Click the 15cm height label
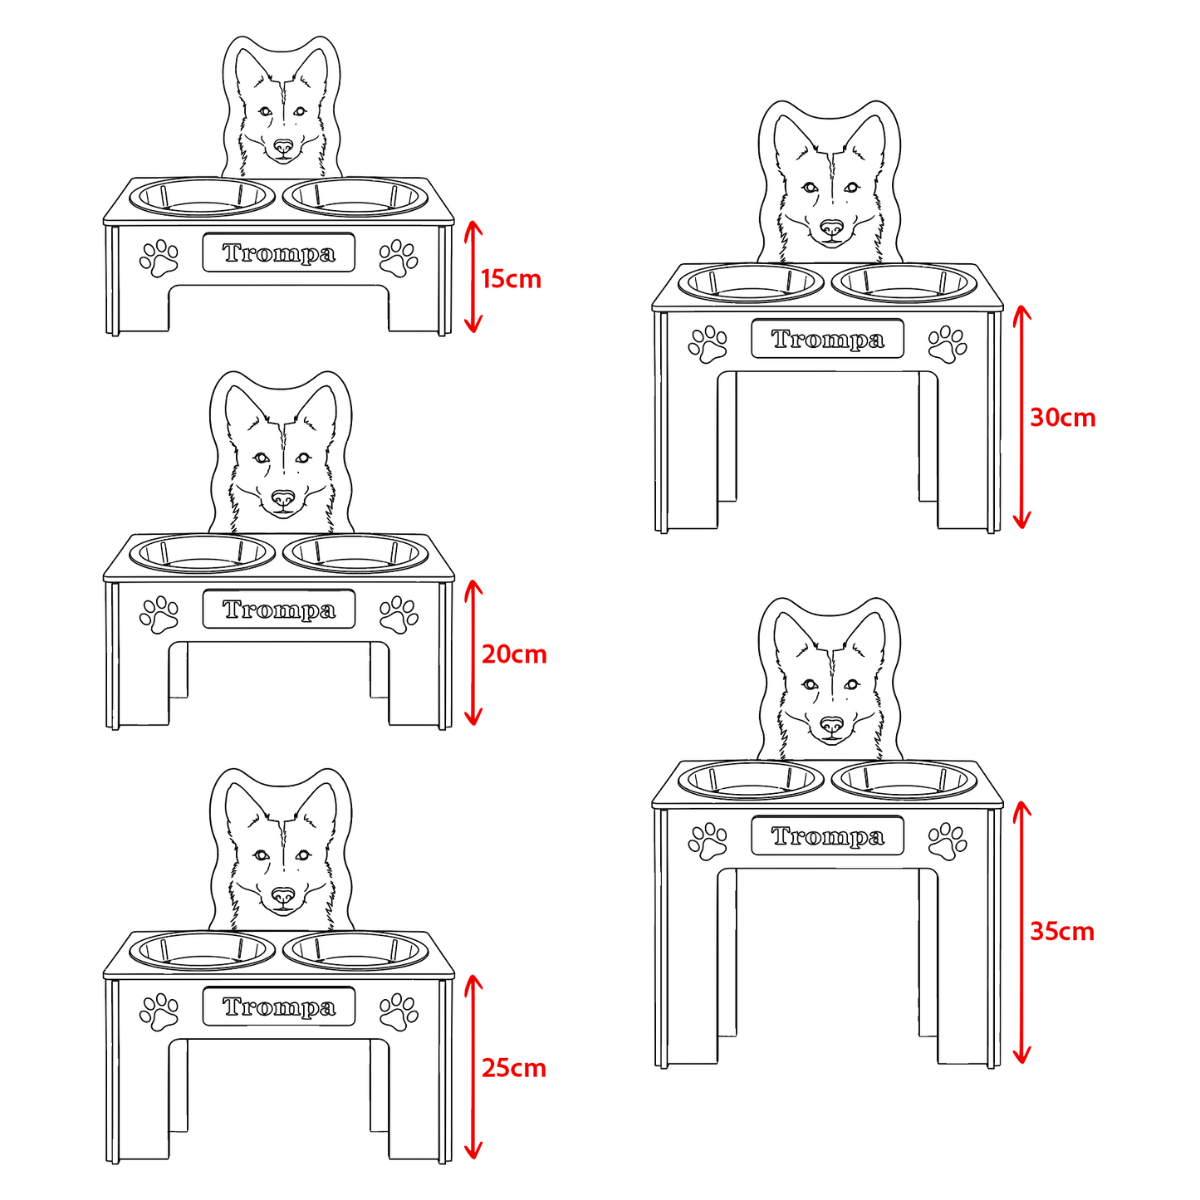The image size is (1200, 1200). coord(511,279)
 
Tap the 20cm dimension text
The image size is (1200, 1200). coord(514,654)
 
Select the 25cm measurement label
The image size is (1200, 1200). coord(514,1069)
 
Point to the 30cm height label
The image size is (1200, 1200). coord(1062,417)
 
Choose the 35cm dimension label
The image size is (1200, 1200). coord(1062,932)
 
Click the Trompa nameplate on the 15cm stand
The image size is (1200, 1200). coord(278,252)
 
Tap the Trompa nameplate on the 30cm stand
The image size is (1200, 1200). coord(827,339)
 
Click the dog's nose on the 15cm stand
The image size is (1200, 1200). coord(283,147)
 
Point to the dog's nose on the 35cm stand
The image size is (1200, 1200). coord(831,725)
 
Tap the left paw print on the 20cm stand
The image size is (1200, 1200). coord(159,615)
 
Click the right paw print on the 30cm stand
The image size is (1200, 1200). coord(948,345)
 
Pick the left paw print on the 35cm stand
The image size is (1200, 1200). coord(708,841)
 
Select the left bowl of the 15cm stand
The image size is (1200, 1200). coord(203,198)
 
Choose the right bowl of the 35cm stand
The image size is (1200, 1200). coord(904,781)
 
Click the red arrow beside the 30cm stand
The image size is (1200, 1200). coord(1021,417)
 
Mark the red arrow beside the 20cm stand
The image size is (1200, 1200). coord(473,654)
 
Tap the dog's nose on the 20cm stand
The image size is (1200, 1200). coord(283,498)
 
